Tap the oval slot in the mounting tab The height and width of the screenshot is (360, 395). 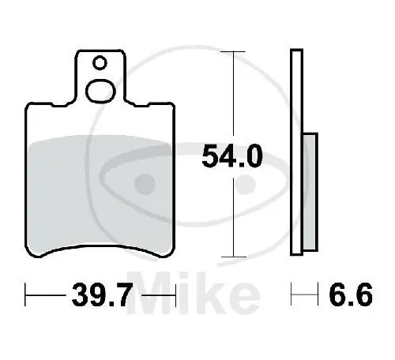[100, 90]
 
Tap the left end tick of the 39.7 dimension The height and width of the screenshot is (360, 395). [26, 298]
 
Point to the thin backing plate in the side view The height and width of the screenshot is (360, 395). [296, 154]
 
